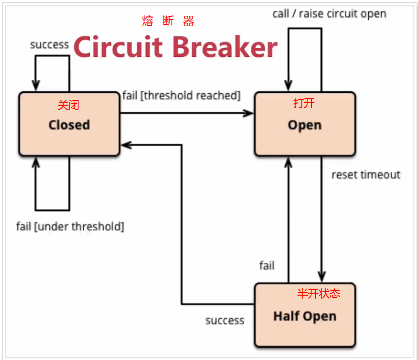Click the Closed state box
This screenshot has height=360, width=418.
[x=69, y=125]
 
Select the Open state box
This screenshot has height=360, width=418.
[x=305, y=125]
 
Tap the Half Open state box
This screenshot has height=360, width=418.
[x=305, y=316]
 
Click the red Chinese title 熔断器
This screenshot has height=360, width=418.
[x=168, y=21]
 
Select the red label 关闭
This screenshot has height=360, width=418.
[x=68, y=105]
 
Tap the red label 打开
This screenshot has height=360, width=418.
[x=304, y=103]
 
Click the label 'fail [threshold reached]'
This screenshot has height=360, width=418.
[x=182, y=95]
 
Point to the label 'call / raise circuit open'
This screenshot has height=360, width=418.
[x=329, y=13]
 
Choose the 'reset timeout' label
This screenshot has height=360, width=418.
[x=366, y=175]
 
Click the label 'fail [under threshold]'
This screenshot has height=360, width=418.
[x=70, y=226]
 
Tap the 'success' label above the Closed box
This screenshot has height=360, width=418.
[x=49, y=44]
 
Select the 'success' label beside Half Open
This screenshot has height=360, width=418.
[x=225, y=320]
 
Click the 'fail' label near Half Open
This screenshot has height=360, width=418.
[x=267, y=265]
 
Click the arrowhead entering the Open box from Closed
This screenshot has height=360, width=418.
[x=249, y=113]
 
